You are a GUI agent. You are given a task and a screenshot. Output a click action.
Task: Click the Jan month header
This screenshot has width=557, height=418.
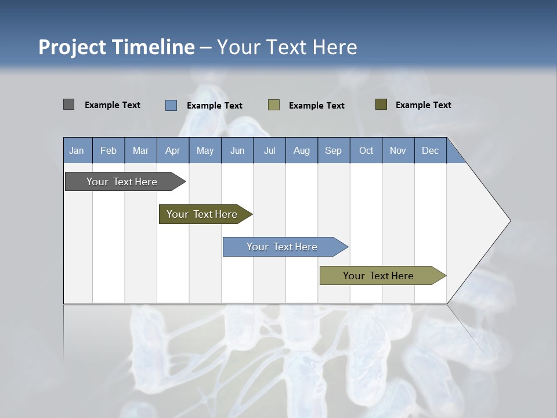[77, 150]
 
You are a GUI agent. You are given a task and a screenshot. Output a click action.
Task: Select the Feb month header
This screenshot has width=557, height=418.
[108, 150]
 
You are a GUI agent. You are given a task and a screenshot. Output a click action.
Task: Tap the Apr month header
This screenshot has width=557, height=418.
[173, 150]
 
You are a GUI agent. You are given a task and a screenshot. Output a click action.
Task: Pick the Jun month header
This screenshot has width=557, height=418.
[237, 150]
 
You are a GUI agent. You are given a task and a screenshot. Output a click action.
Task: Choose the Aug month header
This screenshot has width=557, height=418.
[302, 150]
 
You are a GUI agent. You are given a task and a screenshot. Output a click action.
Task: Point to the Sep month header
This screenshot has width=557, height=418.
[334, 150]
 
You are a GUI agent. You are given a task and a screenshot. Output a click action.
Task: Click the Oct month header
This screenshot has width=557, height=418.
[366, 150]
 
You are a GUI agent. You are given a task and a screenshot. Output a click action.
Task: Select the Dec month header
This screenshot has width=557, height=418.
[431, 150]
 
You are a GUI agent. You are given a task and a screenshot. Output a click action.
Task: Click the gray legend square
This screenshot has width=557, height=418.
[68, 105]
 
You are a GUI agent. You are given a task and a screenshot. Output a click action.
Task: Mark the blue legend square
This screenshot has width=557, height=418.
[171, 105]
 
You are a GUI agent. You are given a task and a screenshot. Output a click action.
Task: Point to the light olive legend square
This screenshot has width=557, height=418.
[274, 105]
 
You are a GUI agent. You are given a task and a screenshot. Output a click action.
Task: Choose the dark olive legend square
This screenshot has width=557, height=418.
[381, 105]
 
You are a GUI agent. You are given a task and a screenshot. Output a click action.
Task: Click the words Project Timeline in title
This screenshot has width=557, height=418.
[116, 47]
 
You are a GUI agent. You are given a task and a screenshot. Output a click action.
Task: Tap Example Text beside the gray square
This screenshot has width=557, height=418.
[113, 105]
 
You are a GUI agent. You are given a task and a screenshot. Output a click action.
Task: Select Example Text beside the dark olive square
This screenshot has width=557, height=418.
[423, 105]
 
